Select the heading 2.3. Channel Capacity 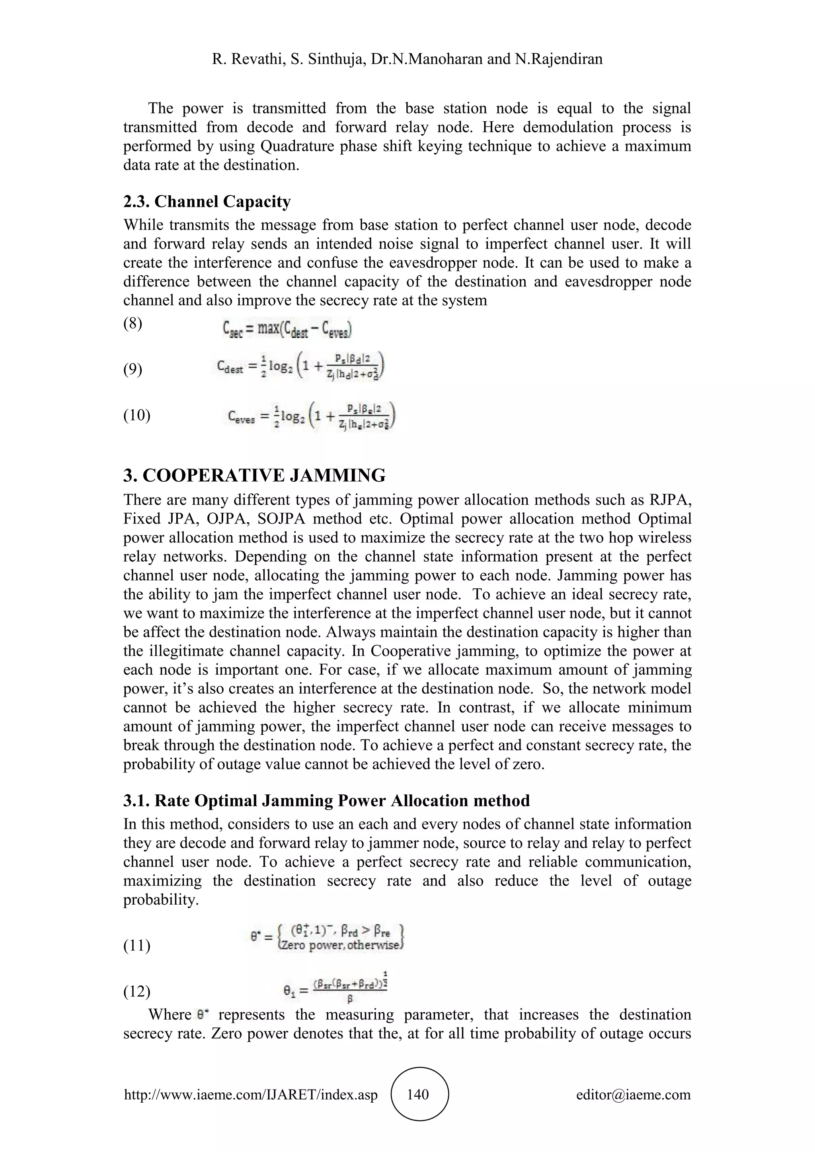click(207, 202)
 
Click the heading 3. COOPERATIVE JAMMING click(254, 475)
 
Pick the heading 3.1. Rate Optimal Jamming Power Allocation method click(326, 800)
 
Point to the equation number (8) click(133, 324)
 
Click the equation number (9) click(133, 370)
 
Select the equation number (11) click(136, 946)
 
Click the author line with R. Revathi click(407, 59)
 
